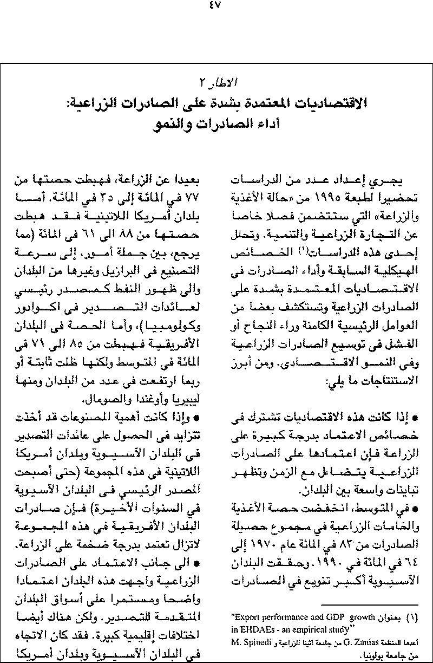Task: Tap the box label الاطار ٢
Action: coord(216,83)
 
